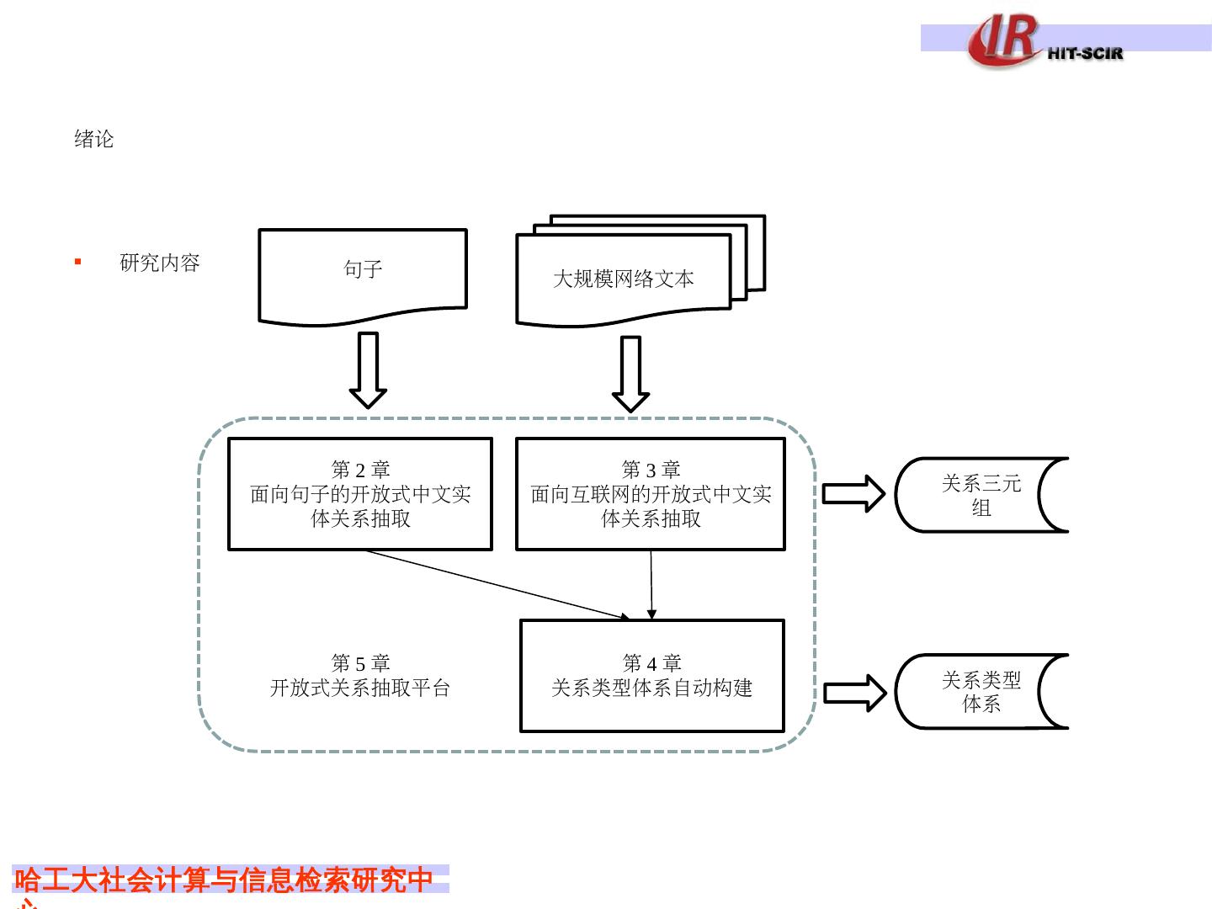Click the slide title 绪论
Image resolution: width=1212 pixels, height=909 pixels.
click(93, 139)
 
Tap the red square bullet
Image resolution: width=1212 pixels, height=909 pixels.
click(78, 262)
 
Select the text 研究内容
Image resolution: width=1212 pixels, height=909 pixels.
click(160, 263)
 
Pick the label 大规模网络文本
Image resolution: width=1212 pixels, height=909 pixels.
click(623, 279)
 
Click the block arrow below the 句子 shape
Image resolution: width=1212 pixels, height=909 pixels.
click(368, 369)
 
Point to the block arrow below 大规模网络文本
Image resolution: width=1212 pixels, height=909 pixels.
click(630, 374)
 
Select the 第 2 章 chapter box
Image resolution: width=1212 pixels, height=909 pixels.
click(360, 494)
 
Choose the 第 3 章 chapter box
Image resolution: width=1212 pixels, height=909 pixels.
click(651, 494)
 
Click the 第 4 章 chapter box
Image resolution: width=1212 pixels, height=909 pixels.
click(652, 676)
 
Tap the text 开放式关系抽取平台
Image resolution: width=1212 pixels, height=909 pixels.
click(360, 688)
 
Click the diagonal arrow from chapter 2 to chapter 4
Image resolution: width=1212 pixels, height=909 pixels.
click(497, 584)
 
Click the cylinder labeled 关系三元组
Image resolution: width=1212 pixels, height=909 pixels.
click(981, 495)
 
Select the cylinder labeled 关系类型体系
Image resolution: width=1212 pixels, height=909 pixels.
click(981, 691)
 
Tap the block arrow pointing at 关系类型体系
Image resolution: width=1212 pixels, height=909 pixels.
click(854, 693)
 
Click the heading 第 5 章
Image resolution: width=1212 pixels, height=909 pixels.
click(360, 663)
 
